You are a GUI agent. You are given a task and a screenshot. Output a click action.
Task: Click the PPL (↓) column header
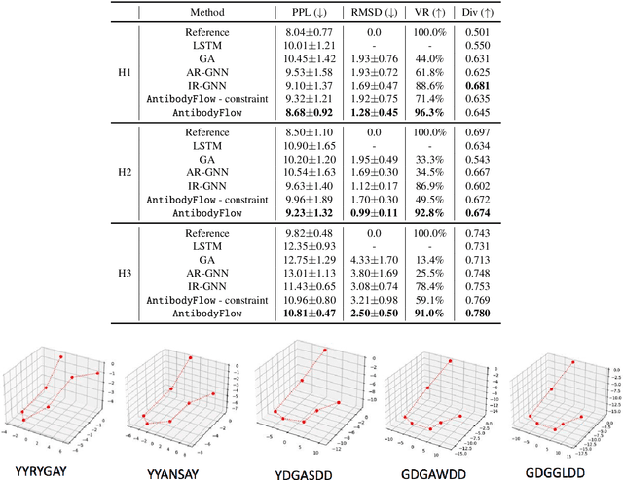[x=310, y=13]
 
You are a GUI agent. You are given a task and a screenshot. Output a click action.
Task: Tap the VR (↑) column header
[x=436, y=13]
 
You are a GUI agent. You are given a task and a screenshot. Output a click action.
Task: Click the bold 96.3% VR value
[x=436, y=114]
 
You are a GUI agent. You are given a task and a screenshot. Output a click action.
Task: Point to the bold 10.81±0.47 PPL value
[x=310, y=315]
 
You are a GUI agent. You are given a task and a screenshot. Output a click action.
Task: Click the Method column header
[x=207, y=13]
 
